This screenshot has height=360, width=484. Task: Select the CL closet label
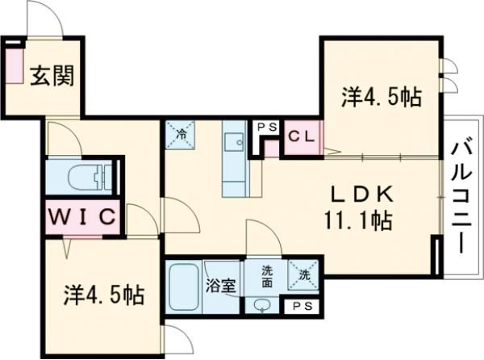coord(302,136)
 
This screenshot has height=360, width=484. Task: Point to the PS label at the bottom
coord(303,306)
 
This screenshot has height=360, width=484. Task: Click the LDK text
coord(364,195)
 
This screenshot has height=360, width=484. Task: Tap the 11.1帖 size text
coord(358,220)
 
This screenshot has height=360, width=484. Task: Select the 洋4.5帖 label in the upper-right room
coord(381,98)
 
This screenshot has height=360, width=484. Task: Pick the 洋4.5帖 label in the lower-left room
coord(104,294)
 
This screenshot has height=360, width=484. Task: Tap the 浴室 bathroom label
coord(220,285)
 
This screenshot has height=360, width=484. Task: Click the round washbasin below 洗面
coord(262,304)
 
